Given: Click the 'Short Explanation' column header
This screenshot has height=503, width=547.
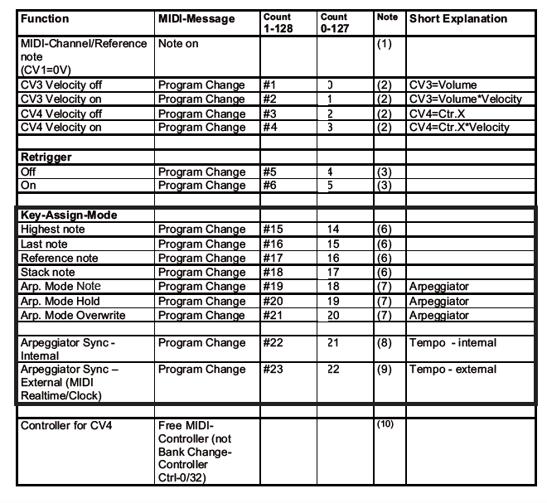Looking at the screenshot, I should click(458, 18).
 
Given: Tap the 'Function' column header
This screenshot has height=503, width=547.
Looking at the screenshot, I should click(46, 18).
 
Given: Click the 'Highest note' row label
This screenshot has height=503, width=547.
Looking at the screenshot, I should click(53, 230).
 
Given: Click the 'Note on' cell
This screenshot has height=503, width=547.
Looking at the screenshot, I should click(178, 43).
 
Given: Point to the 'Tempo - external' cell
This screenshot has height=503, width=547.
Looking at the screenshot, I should click(453, 370).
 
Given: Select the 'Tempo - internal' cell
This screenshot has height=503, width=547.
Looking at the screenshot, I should click(453, 343).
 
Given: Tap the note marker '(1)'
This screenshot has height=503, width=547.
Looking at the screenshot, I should click(385, 43).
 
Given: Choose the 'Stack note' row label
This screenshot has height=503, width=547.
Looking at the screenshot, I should click(49, 272).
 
